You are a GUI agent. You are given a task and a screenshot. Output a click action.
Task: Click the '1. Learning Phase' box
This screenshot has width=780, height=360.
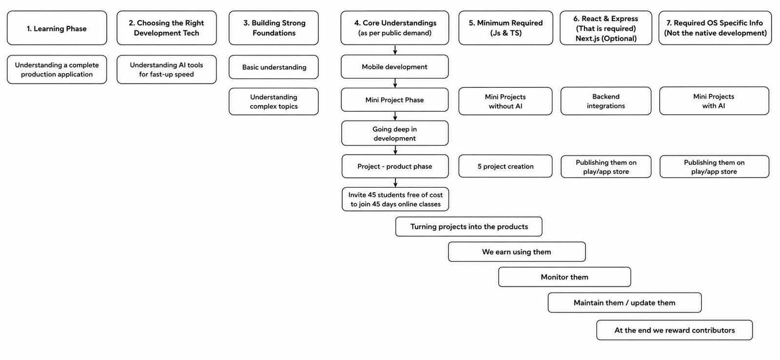(x=57, y=28)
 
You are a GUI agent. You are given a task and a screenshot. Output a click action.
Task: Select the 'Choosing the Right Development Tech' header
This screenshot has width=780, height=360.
(x=166, y=28)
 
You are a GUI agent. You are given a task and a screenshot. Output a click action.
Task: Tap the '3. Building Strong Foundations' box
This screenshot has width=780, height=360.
(x=273, y=28)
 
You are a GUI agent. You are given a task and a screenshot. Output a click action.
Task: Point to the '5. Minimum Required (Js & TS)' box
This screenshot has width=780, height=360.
(x=506, y=28)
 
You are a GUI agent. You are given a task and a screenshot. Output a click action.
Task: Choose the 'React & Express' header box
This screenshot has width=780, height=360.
(x=606, y=28)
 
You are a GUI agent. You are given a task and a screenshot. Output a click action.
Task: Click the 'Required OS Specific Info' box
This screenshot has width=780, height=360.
(x=715, y=28)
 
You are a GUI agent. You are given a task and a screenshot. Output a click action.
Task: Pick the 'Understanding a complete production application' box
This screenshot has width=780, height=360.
(x=57, y=69)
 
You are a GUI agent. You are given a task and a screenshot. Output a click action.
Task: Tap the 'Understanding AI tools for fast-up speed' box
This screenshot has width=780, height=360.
(x=166, y=69)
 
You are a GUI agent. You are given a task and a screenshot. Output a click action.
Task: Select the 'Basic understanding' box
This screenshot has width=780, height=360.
(x=273, y=67)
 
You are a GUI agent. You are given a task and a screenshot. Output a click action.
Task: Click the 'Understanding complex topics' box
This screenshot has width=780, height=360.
(x=273, y=101)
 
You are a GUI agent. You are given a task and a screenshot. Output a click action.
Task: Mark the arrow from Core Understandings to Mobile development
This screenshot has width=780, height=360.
(x=395, y=50)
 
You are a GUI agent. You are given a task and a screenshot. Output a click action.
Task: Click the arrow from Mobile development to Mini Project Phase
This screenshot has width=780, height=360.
(x=395, y=83)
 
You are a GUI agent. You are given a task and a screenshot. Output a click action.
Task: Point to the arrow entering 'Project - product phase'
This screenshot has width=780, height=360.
(x=395, y=150)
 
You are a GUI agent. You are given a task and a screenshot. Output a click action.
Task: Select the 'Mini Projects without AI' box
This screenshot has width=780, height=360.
(x=505, y=101)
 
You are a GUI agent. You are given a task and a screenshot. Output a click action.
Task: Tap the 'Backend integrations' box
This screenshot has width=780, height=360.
(x=606, y=101)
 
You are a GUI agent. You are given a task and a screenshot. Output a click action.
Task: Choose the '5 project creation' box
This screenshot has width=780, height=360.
(x=505, y=166)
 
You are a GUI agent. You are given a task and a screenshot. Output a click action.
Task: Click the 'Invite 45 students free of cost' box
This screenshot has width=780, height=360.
(x=395, y=200)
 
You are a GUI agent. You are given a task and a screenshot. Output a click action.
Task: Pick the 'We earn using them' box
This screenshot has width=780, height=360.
(x=517, y=252)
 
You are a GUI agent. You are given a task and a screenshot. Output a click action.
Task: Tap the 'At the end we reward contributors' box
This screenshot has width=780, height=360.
(x=675, y=330)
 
